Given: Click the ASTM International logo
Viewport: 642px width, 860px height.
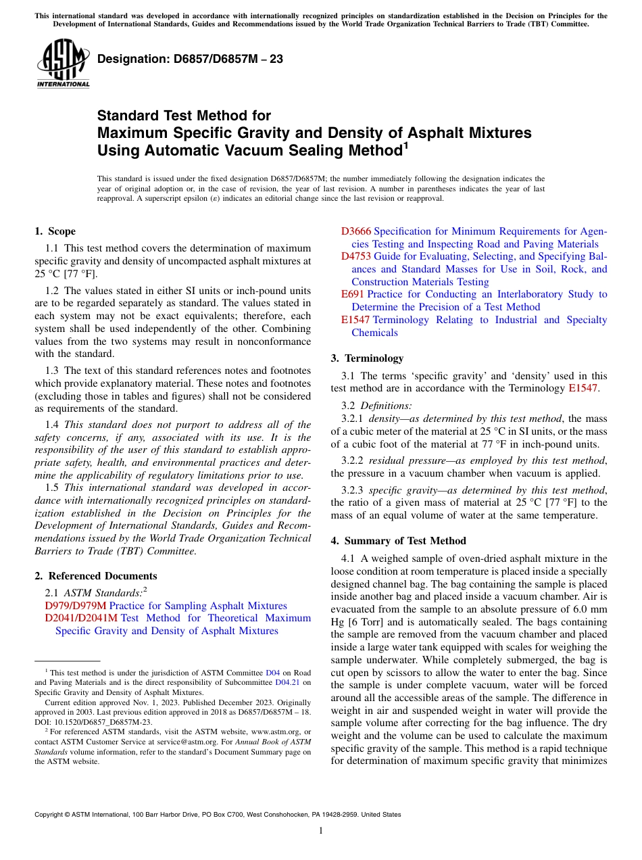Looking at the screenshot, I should (x=63, y=64).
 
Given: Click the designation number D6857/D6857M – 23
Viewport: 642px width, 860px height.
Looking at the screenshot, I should (x=190, y=59).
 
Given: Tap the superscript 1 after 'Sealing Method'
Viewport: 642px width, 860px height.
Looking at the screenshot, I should (x=405, y=145).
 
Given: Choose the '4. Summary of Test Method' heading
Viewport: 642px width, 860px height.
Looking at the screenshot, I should (x=398, y=541).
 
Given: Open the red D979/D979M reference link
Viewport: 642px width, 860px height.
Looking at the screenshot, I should (x=76, y=606).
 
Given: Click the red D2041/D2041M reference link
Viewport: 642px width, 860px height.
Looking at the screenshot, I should (x=81, y=618).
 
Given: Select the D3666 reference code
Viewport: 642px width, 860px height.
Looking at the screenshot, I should (x=356, y=231).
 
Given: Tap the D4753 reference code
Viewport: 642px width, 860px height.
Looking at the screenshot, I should (x=356, y=256).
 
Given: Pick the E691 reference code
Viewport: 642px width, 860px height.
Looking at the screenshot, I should (x=352, y=294).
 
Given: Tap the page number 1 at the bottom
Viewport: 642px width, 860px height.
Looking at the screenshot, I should (x=321, y=831).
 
